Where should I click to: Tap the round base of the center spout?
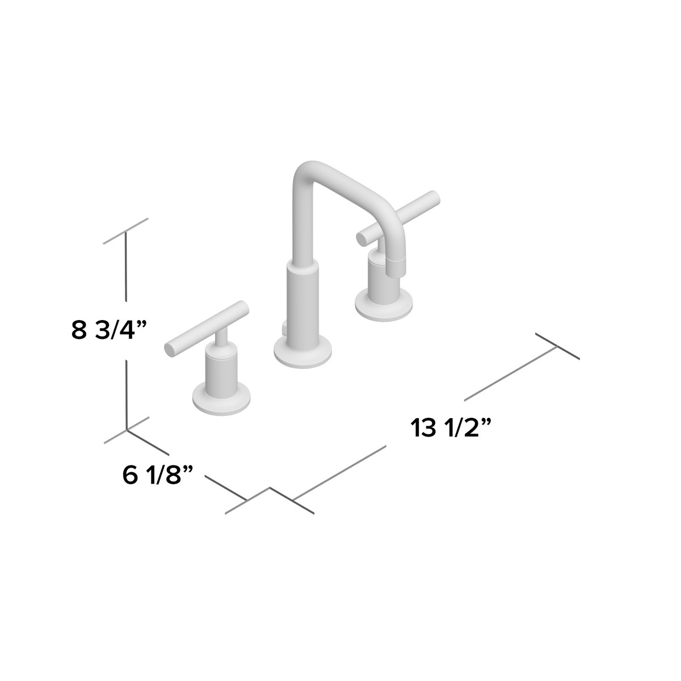[302, 352]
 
